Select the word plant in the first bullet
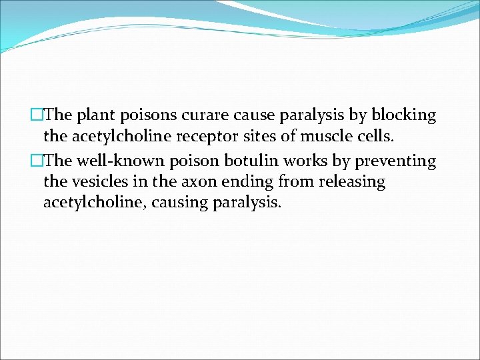(x=97, y=115)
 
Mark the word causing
(x=179, y=203)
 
